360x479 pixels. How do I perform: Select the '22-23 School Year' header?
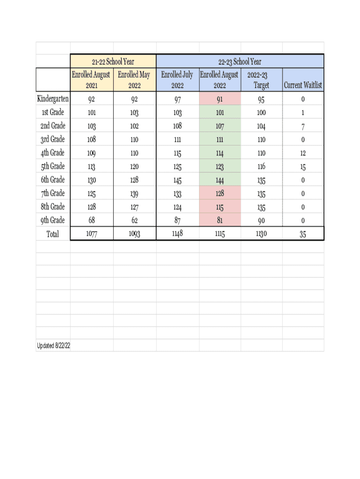[x=240, y=62]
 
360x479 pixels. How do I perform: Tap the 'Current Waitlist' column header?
[x=303, y=86]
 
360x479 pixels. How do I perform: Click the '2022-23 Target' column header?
[x=261, y=80]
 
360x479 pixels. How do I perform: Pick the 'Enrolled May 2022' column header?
[x=134, y=80]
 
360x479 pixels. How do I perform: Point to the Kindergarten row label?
[x=53, y=99]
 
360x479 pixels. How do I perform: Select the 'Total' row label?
[x=53, y=234]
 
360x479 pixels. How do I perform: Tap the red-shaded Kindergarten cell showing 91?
[x=220, y=99]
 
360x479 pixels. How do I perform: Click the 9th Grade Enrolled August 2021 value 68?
[x=92, y=220]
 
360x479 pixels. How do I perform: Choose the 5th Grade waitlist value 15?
[x=303, y=167]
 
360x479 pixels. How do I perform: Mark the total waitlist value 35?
[x=303, y=234]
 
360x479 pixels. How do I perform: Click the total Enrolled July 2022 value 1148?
[x=177, y=233]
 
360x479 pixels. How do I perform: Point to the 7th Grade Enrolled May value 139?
[x=134, y=194]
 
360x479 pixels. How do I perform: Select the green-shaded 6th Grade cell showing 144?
[x=220, y=180]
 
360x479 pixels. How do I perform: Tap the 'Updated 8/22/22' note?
[x=54, y=346]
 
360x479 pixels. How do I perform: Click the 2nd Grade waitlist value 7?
[x=303, y=126]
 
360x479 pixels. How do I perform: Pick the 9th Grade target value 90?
[x=261, y=221]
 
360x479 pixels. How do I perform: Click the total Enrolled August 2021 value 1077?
[x=92, y=234]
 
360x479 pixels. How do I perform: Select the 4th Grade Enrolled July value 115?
[x=177, y=153]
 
